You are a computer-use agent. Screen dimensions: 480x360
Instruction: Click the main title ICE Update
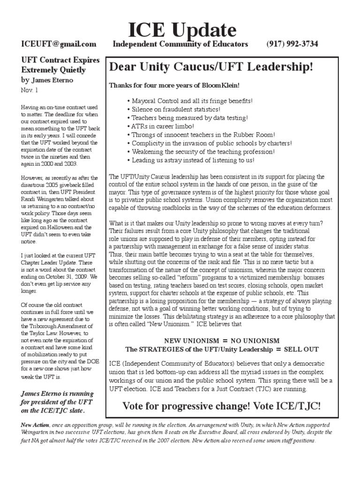pyautogui.click(x=183, y=30)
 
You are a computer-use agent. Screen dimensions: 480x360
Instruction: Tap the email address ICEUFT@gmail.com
pyautogui.click(x=59, y=44)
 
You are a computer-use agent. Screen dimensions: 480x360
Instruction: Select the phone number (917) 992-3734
pyautogui.click(x=292, y=44)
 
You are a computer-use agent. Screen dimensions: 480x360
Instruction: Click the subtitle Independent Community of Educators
pyautogui.click(x=180, y=44)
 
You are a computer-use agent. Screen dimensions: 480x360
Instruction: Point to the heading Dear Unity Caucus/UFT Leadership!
pyautogui.click(x=210, y=67)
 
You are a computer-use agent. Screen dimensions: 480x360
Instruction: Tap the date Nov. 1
pyautogui.click(x=29, y=89)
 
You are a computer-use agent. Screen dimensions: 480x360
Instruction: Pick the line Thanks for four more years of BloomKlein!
pyautogui.click(x=174, y=85)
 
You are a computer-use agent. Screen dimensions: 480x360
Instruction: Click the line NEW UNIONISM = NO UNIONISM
pyautogui.click(x=221, y=340)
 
